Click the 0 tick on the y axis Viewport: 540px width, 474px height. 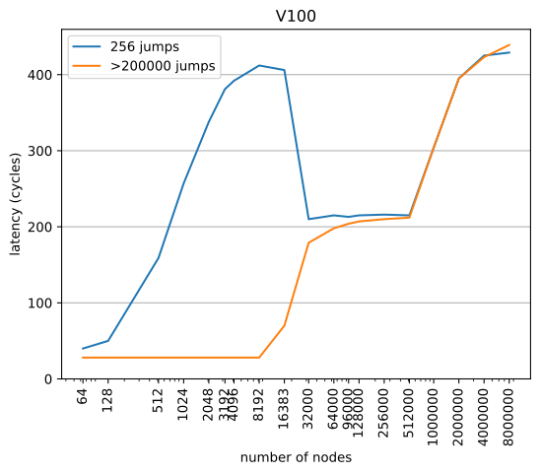[x=49, y=379]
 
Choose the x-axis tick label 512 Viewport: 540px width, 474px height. [x=159, y=401]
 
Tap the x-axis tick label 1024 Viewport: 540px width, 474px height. [x=183, y=404]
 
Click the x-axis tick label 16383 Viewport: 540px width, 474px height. [x=285, y=407]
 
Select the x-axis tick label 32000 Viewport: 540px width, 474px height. [x=308, y=407]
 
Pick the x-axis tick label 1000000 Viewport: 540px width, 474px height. [x=434, y=414]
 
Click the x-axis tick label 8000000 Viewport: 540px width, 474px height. [x=509, y=414]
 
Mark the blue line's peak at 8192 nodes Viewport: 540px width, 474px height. [x=259, y=66]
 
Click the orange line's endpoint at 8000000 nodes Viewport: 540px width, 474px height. [x=509, y=44]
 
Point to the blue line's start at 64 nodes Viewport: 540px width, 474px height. [x=83, y=349]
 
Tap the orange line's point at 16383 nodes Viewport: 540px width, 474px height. [x=285, y=325]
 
